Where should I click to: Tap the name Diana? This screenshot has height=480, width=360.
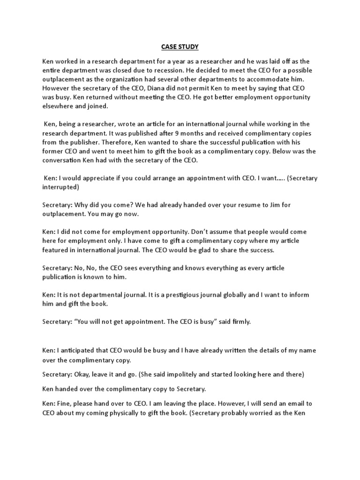click(x=148, y=88)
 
